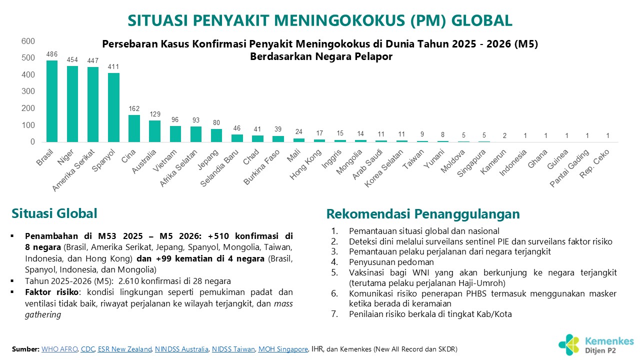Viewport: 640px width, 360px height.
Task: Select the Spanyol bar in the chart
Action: tap(113, 107)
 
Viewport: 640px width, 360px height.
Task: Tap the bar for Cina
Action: tap(134, 128)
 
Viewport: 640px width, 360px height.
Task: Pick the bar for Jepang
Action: tap(216, 135)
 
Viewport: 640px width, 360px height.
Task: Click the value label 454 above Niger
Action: tap(72, 60)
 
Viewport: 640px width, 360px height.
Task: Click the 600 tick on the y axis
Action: tap(28, 41)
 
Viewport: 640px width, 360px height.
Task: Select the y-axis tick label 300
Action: tap(28, 91)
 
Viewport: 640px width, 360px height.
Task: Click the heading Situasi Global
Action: tap(54, 213)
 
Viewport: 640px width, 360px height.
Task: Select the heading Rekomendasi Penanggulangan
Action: tap(423, 214)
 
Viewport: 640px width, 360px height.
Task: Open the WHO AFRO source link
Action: tap(60, 349)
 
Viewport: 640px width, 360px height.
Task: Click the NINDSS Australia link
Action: tap(182, 349)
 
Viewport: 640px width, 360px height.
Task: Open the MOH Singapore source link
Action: tap(283, 349)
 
